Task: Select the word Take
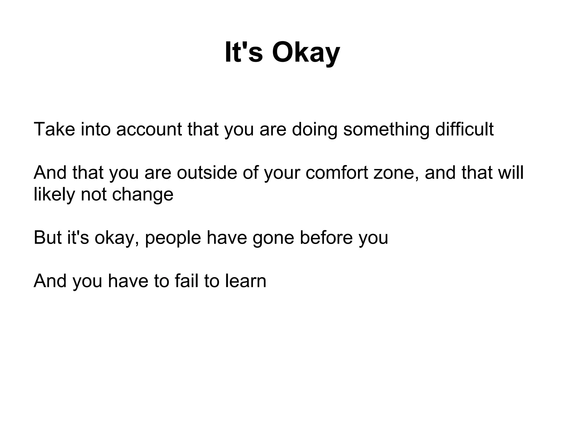tap(54, 129)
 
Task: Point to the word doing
tap(315, 129)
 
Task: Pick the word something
tap(386, 129)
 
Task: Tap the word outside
tap(207, 173)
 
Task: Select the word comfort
tap(337, 173)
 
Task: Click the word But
tap(47, 237)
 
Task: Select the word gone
tap(273, 237)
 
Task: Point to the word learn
tap(246, 281)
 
